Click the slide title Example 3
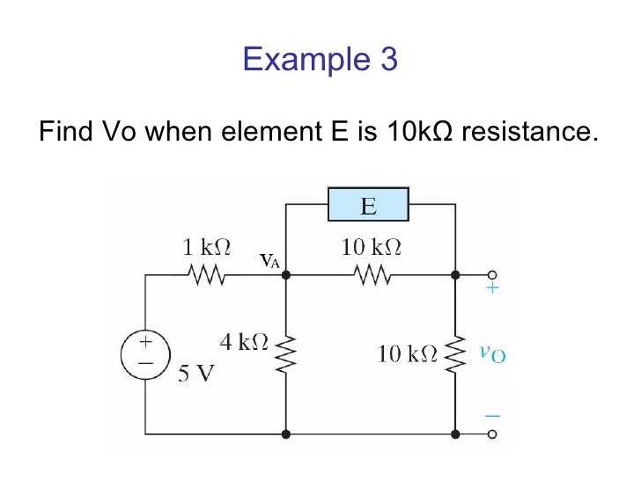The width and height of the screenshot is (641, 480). pyautogui.click(x=320, y=60)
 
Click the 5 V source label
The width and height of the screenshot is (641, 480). pyautogui.click(x=196, y=375)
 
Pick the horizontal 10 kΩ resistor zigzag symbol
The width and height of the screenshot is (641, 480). pyautogui.click(x=371, y=276)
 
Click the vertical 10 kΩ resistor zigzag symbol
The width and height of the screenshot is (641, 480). pyautogui.click(x=454, y=353)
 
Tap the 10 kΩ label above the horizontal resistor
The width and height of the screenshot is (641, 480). pyautogui.click(x=371, y=249)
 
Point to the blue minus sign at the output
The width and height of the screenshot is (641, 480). pyautogui.click(x=493, y=413)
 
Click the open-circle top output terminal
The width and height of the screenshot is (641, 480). pyautogui.click(x=493, y=275)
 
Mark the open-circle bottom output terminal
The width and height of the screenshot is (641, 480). pyautogui.click(x=493, y=434)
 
